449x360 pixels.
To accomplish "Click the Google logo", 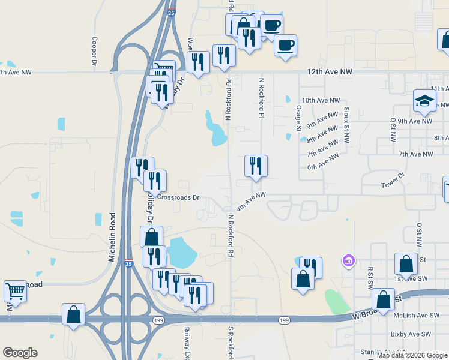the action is [20, 353].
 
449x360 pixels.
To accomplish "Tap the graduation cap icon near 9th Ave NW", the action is [424, 101].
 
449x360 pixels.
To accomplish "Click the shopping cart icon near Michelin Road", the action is [16, 291].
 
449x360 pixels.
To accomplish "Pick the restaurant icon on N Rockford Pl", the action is [256, 166].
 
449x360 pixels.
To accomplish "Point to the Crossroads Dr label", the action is [178, 197].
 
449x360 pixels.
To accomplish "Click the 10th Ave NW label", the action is [321, 101].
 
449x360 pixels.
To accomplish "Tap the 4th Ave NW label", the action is [251, 201].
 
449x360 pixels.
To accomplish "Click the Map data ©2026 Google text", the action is [412, 355].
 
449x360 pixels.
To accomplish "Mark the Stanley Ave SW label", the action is [384, 352].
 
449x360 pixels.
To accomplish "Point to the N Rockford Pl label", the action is [261, 98].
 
